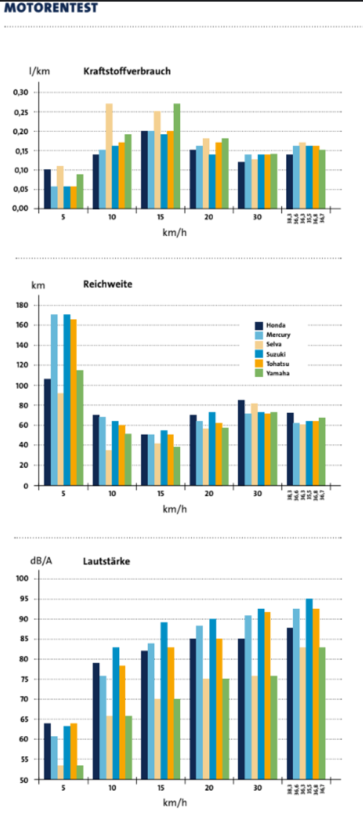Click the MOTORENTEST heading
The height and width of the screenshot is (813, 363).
tap(50, 8)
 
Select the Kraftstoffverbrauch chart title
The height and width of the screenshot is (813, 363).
tap(126, 71)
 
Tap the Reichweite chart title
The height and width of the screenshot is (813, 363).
tap(107, 284)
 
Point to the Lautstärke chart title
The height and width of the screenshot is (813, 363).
tap(106, 561)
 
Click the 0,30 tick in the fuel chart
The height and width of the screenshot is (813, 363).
tap(21, 92)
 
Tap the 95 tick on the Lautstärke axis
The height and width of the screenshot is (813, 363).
tap(24, 599)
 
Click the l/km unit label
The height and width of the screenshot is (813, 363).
tap(39, 71)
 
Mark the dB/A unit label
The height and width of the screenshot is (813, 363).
tap(41, 560)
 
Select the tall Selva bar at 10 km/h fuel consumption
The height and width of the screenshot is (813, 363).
tap(109, 156)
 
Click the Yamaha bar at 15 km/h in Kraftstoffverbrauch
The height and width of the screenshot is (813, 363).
tap(177, 156)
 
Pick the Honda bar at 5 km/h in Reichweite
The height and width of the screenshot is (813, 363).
tap(47, 432)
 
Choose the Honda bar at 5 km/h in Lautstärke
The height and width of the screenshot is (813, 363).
tap(47, 751)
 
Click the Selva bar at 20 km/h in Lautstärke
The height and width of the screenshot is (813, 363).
tap(206, 729)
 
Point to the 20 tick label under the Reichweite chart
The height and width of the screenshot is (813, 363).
tap(209, 494)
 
